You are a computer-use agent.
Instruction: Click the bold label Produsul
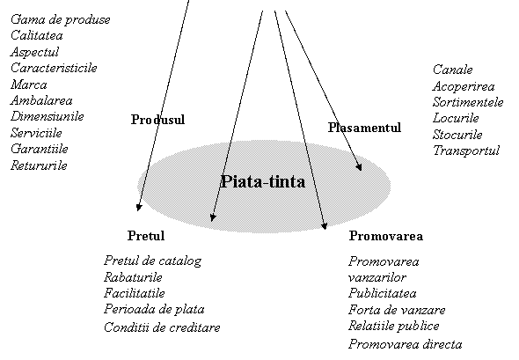157,120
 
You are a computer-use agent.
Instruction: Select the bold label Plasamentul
364,128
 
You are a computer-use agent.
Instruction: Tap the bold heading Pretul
146,236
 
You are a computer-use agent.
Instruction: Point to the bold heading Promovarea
386,236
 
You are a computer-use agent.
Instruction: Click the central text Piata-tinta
263,181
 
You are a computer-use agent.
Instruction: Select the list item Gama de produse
60,20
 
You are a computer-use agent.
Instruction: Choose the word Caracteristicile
54,68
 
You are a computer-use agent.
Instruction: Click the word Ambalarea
41,100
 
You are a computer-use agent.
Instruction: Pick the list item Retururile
39,165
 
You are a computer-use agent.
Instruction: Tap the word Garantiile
40,149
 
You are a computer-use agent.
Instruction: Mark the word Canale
452,70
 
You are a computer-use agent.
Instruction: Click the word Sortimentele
468,102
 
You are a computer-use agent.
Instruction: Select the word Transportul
466,151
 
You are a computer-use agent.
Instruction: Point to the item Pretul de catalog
152,261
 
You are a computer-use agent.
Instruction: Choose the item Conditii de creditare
162,327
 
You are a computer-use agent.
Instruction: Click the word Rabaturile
133,277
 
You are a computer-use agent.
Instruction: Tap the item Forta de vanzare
397,310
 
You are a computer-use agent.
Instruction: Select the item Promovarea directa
406,344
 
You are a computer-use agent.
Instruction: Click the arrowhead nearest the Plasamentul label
359,167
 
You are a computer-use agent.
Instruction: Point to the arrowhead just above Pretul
139,208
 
